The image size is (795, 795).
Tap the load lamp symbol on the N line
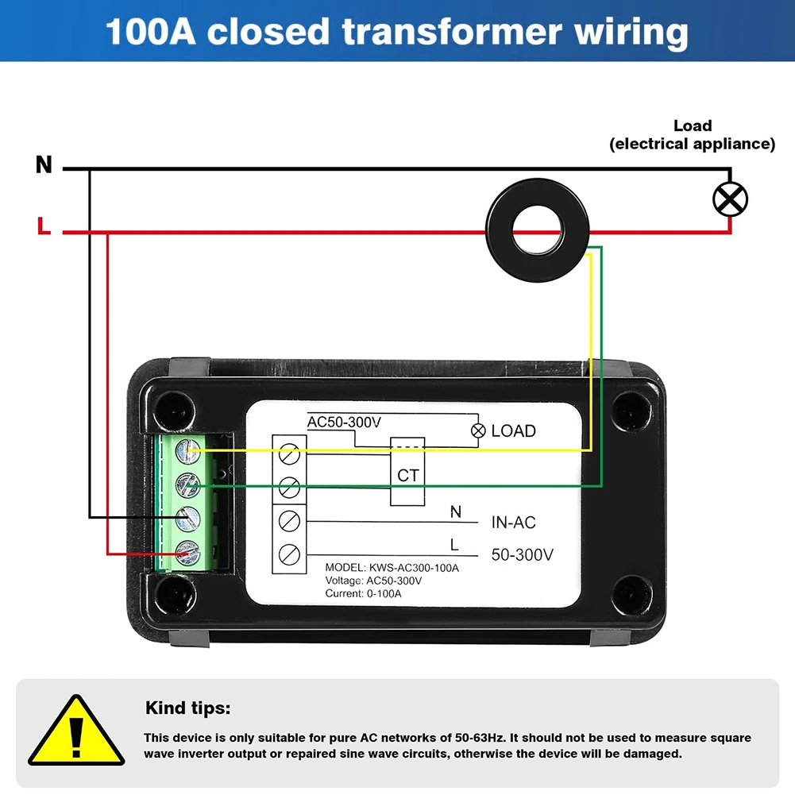click(x=730, y=199)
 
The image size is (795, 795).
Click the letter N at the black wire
click(x=44, y=165)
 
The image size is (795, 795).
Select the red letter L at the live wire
click(x=44, y=226)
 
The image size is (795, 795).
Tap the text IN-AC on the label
click(x=513, y=522)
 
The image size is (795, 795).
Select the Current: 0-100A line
click(x=363, y=593)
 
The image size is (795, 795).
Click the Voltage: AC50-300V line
click(x=373, y=581)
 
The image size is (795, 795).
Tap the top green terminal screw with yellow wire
click(x=187, y=450)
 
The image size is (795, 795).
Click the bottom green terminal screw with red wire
click(x=187, y=551)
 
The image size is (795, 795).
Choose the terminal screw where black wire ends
click(x=187, y=518)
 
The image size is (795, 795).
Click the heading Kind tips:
click(x=187, y=708)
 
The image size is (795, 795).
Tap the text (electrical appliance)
click(x=692, y=144)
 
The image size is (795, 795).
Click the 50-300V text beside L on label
click(x=522, y=554)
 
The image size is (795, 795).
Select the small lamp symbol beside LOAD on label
click(x=478, y=431)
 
